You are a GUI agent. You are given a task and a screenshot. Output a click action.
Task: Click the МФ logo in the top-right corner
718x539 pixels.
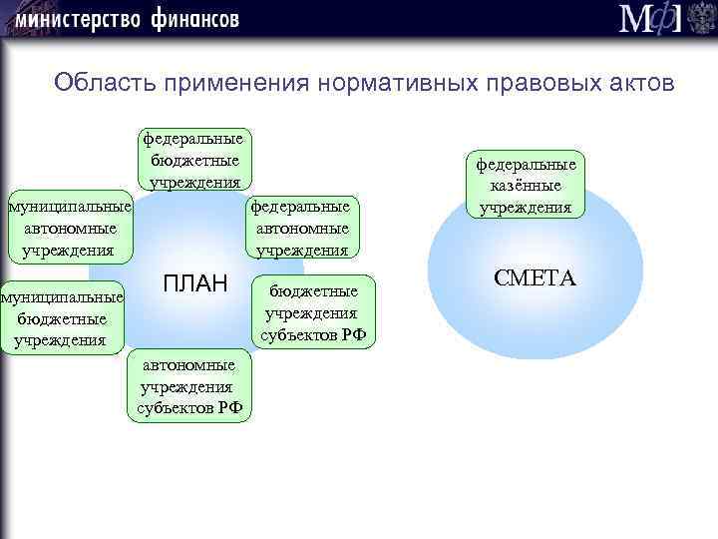649,19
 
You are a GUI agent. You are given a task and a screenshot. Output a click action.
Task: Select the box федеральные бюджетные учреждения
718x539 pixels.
194,160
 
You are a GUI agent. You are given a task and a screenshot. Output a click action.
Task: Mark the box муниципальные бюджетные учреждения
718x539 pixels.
61,318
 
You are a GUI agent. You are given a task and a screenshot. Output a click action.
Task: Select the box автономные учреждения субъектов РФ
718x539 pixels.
188,386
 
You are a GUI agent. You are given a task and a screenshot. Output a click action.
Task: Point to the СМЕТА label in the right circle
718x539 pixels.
535,278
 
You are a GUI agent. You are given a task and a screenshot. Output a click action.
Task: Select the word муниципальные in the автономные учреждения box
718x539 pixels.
68,207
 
